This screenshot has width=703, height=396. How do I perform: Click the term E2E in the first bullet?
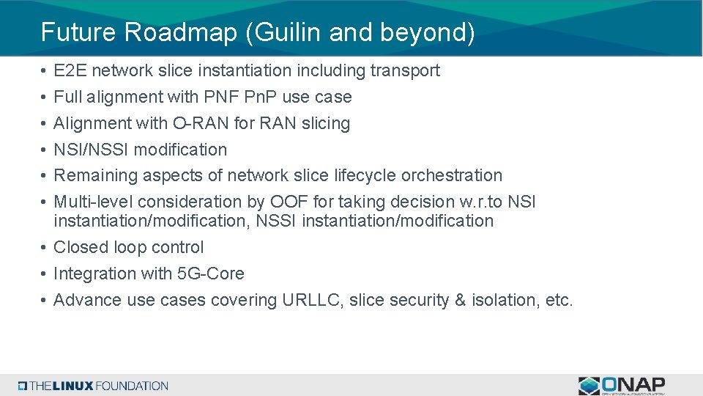(x=70, y=70)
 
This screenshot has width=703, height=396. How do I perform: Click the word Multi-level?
(x=94, y=202)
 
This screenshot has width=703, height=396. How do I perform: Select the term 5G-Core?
(x=211, y=274)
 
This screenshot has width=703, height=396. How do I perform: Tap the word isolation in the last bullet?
(x=505, y=300)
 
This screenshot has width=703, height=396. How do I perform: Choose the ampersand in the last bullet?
(x=461, y=300)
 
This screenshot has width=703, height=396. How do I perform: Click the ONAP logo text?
(x=634, y=384)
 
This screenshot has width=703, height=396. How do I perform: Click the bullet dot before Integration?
(x=45, y=274)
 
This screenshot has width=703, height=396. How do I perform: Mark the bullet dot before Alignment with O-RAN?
(x=45, y=124)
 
